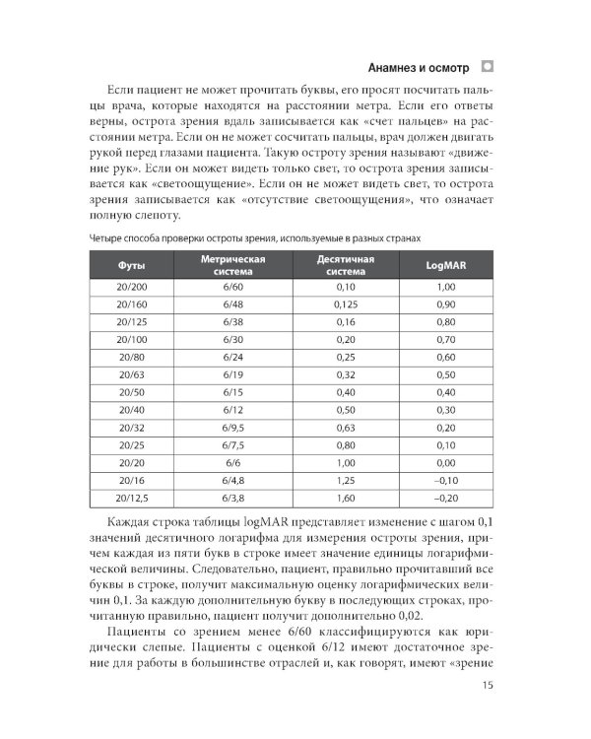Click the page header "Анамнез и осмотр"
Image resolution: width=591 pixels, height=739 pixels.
[x=418, y=68]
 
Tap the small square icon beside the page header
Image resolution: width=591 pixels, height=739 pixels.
[x=487, y=67]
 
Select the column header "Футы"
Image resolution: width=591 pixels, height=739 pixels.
[x=131, y=266]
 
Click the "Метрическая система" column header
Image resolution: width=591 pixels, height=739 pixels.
[x=232, y=266]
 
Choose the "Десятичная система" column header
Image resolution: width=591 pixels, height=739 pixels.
[x=344, y=266]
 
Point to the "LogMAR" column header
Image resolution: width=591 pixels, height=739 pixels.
[x=446, y=266]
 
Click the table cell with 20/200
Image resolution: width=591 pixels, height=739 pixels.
[x=131, y=286]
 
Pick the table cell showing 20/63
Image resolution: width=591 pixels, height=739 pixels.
[x=131, y=374]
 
